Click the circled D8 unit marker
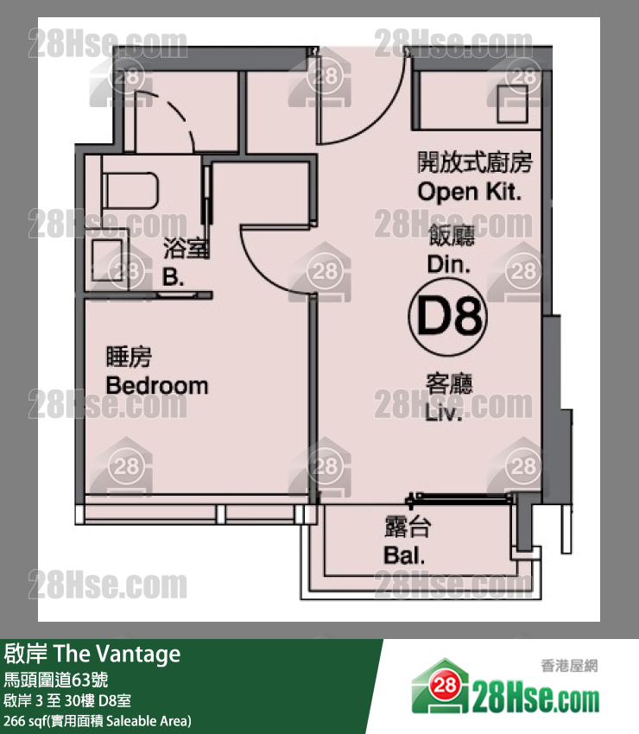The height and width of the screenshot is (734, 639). point(447,316)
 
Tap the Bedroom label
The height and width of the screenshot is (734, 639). point(157,386)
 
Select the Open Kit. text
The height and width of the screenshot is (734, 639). point(469,192)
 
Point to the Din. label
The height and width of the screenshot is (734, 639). point(448,264)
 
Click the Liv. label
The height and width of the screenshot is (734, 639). point(443,413)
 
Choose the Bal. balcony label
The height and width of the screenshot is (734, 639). point(404,555)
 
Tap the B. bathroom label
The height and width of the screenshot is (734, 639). point(173,276)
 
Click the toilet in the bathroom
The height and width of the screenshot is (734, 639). point(130,192)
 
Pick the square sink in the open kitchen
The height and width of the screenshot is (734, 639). point(512,104)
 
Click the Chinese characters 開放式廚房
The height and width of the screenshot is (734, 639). point(474,162)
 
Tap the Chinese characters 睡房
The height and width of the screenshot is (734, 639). point(129,358)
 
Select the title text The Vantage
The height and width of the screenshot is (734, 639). point(117,654)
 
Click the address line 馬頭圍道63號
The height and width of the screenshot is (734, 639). point(56,680)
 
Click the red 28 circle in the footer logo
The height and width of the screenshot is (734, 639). point(444,686)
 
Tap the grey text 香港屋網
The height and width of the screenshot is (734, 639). point(569,665)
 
